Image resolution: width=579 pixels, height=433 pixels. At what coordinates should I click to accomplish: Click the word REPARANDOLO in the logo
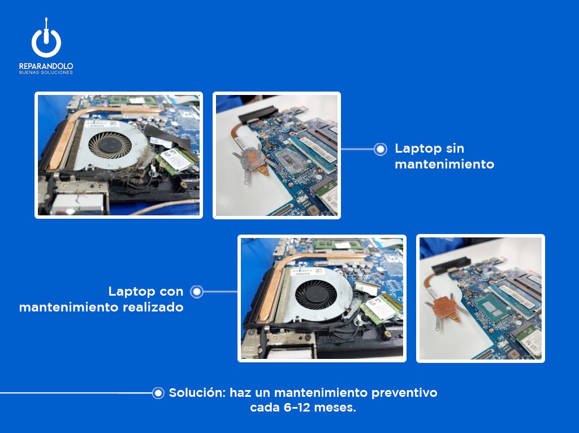coord(46,66)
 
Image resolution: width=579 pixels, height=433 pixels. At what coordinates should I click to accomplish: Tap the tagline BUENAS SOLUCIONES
coord(46,73)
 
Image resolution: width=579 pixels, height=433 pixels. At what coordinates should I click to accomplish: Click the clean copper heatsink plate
coord(446,305)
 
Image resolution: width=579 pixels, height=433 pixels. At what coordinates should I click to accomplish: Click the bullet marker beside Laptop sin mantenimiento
coord(381,149)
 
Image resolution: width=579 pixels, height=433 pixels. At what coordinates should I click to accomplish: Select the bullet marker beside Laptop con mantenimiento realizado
coord(197,292)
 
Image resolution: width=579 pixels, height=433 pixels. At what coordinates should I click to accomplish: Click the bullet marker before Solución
coord(158,393)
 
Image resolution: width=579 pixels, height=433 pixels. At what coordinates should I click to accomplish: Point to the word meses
coord(336,408)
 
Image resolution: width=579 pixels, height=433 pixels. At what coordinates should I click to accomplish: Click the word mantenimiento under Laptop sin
coord(444,164)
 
